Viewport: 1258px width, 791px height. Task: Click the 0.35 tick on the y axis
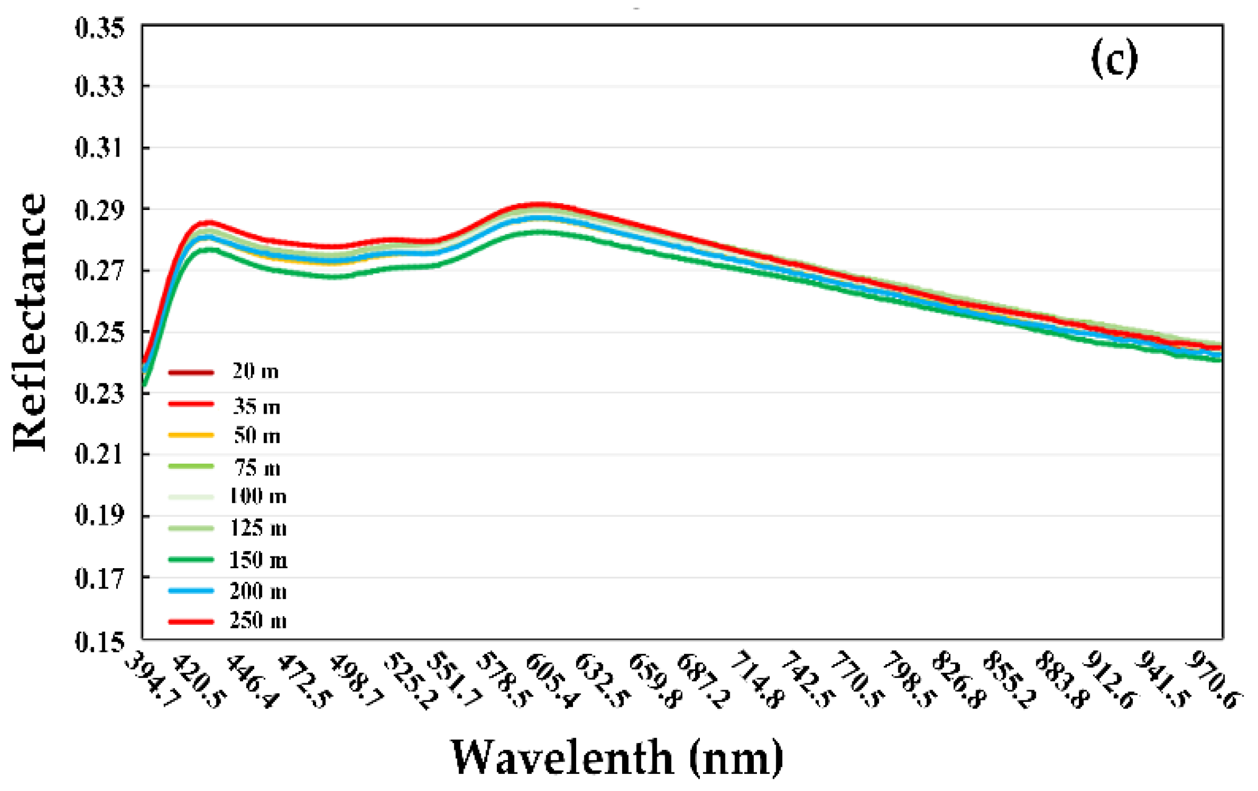99,28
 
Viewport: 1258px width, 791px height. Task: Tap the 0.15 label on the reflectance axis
99,642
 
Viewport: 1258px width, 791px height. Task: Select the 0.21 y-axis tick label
99,455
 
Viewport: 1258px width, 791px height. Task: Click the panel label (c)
1114,59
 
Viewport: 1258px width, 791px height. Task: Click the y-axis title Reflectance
29,322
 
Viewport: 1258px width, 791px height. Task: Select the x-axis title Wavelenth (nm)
617,757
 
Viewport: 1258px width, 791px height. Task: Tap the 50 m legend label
257,436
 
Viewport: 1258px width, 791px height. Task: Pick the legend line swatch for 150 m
191,560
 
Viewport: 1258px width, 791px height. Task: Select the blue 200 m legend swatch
191,591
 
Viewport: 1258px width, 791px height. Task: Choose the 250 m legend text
258,621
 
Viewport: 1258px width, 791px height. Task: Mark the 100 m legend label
258,497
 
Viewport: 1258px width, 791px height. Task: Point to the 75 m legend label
257,468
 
